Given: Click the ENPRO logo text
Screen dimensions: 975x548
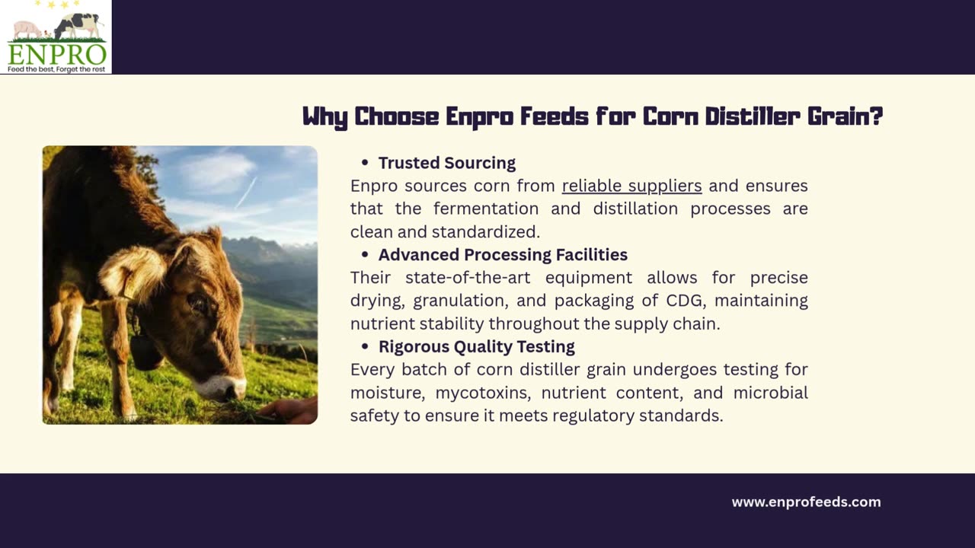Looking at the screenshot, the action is pos(56,54).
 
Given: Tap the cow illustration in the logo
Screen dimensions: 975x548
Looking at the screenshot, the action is pos(78,25).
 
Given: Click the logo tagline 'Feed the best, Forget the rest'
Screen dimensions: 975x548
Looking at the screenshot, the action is pos(56,69).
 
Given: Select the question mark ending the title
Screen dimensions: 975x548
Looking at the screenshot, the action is pos(876,116).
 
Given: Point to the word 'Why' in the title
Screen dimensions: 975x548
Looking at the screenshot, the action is pos(325,117).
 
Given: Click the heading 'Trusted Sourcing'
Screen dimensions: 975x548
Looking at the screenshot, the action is pos(447,163).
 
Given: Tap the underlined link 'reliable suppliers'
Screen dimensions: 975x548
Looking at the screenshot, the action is pos(632,186).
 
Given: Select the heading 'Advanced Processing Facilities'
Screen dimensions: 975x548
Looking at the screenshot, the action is pos(503,255).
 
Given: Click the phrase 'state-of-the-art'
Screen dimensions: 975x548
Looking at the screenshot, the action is pos(468,278).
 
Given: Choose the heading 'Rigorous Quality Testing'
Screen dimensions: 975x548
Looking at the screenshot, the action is pos(477,346).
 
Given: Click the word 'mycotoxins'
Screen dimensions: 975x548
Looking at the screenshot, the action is pos(483,393).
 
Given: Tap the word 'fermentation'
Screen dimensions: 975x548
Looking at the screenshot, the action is pos(486,209).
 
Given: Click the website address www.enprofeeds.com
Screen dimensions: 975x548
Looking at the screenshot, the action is pos(806,502).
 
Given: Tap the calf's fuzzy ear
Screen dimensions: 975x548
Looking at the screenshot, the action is pos(130,272).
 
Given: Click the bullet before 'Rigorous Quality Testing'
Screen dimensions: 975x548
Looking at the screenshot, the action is pos(365,346).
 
